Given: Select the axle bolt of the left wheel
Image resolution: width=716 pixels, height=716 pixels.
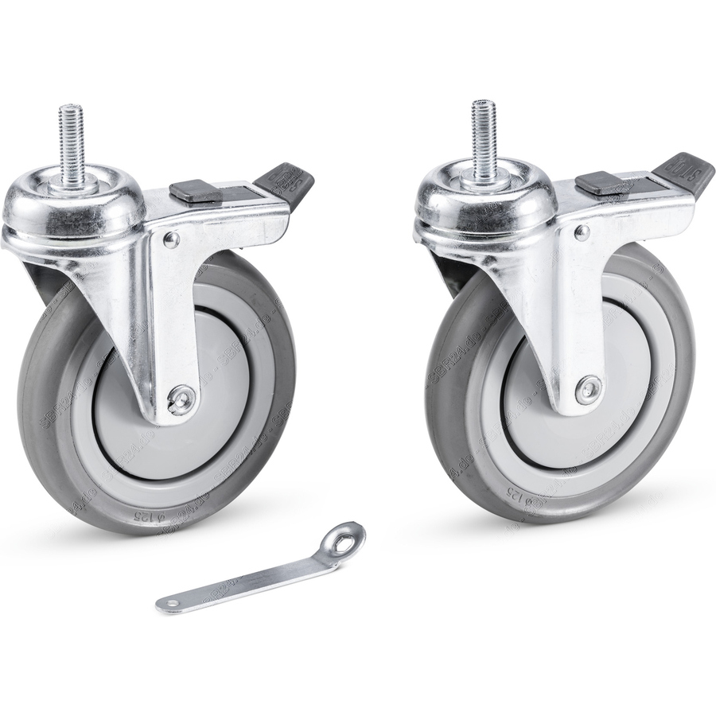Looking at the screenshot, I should pyautogui.click(x=181, y=398).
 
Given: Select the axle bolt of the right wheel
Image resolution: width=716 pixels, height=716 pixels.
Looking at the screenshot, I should pyautogui.click(x=589, y=389).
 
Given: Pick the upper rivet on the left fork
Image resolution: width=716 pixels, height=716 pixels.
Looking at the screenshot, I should pyautogui.click(x=169, y=239).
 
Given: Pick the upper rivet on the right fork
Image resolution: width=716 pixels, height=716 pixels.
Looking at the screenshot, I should pyautogui.click(x=582, y=232).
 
